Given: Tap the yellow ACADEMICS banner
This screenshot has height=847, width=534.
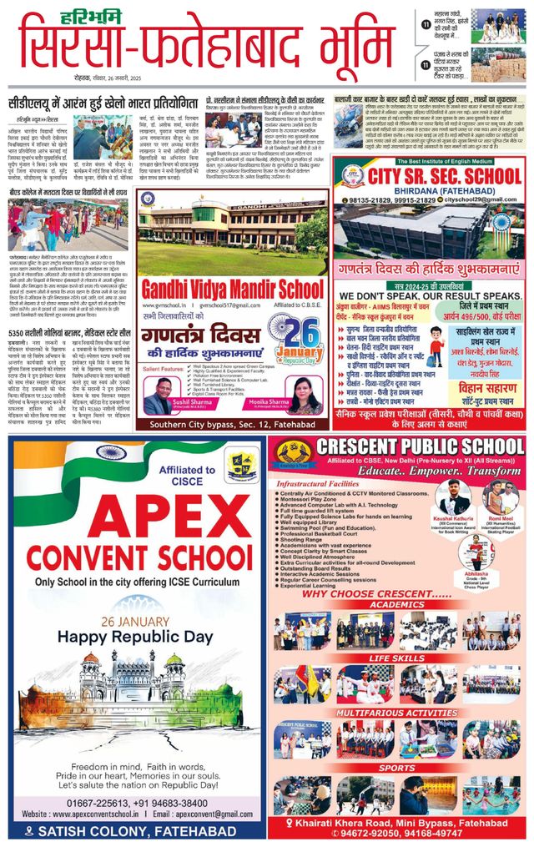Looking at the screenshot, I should tap(398, 604).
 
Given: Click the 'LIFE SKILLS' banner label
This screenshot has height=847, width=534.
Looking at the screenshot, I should tap(398, 658).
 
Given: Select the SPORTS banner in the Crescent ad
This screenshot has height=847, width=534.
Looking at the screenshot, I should tap(398, 768).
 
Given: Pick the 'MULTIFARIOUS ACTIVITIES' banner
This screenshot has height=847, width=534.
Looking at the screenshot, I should tap(398, 713).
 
